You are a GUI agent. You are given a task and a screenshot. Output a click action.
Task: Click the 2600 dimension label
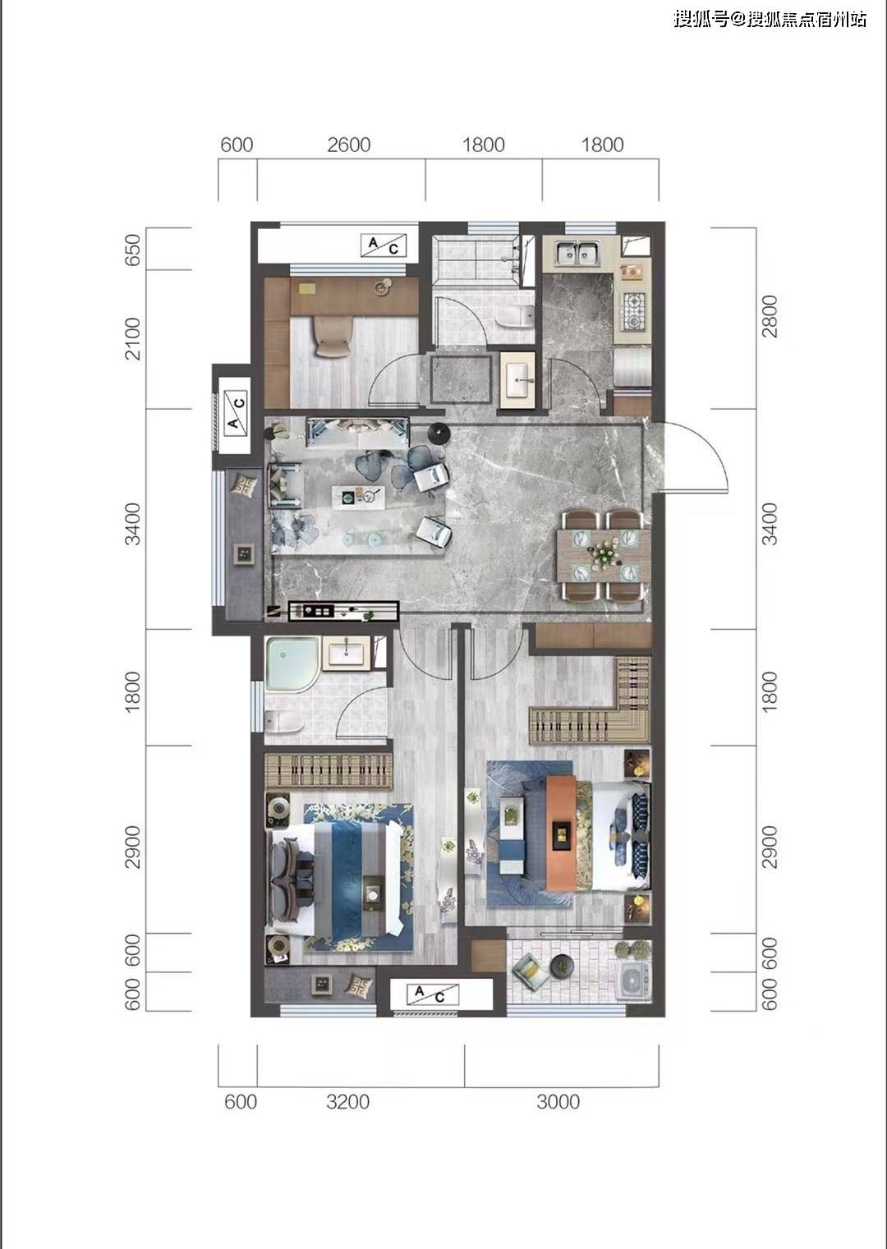pos(348,145)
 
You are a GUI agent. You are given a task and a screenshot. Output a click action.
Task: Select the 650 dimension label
pos(133,250)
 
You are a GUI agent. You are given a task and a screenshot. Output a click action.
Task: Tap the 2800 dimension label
pos(770,316)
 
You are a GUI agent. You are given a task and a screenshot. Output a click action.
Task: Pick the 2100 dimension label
pos(133,338)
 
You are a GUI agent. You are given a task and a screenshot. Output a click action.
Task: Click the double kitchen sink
pos(577,254)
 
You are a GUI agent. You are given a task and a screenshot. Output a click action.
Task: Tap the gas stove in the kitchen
pos(635,311)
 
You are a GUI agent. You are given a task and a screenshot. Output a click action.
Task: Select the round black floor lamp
pos(439,432)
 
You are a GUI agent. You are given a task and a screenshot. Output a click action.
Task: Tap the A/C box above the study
pos(383,246)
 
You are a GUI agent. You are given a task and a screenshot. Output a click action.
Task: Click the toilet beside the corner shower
pos(283,723)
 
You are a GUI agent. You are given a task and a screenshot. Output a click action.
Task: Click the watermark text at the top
pos(770,19)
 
